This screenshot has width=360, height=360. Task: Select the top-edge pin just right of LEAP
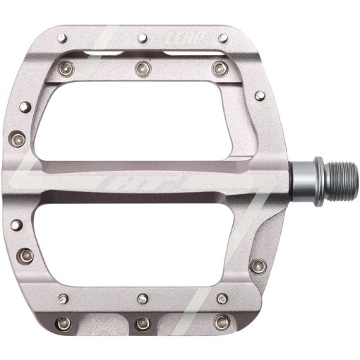click(223, 37)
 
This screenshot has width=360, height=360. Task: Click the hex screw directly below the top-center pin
click(144, 68)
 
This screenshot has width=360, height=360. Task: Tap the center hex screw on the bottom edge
click(144, 323)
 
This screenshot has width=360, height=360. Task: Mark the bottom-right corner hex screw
click(224, 322)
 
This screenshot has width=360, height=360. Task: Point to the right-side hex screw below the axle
click(258, 266)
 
